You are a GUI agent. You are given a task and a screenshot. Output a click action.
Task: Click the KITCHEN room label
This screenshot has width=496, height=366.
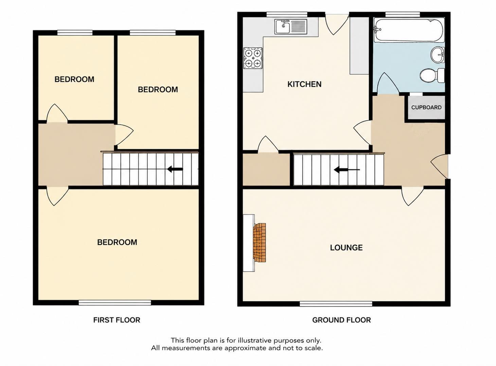304,84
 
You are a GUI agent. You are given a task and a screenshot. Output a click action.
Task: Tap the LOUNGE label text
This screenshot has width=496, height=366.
346,248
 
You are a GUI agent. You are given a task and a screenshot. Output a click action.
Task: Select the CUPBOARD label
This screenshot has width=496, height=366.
426,107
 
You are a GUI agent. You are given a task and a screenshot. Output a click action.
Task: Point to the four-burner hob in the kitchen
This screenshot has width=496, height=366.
253,58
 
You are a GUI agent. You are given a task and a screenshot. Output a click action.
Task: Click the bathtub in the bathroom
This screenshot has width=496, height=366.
408,30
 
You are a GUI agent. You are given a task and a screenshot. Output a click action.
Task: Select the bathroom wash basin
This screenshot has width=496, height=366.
438,55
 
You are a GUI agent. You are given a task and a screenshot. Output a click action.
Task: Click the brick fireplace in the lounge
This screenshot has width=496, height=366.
260,242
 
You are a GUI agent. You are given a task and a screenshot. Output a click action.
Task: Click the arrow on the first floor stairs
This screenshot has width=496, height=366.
175,169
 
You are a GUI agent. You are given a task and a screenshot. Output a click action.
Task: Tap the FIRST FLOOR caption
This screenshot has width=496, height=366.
117,320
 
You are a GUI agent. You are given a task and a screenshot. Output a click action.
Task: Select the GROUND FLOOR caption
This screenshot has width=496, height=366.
341,320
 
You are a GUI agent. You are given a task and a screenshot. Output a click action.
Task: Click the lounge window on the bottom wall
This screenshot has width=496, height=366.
336,303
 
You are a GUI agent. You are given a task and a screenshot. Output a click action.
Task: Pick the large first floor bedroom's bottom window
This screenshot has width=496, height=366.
115,302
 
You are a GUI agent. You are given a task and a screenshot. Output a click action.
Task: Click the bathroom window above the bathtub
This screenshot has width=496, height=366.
403,14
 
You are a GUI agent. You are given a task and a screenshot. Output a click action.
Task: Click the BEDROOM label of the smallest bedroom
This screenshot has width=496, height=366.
74,80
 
